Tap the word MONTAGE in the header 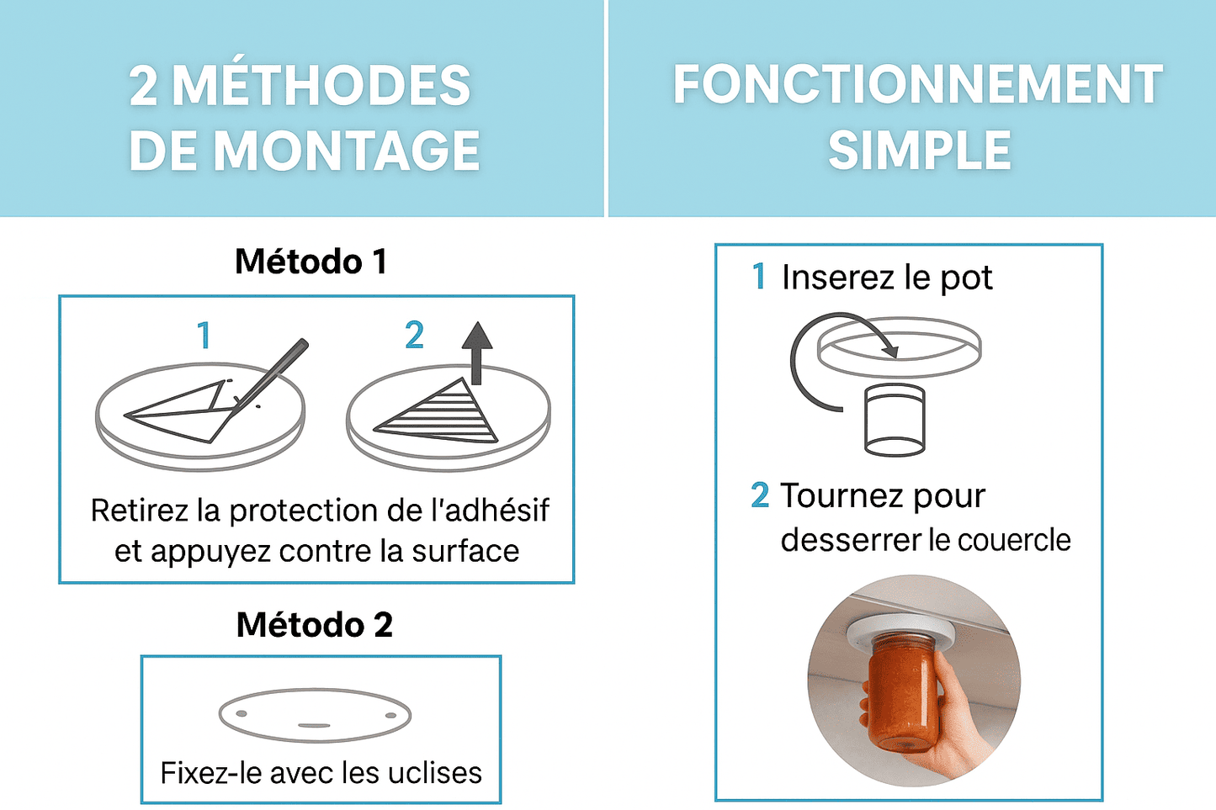click(347, 151)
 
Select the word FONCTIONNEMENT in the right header click(917, 84)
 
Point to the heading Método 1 click(311, 262)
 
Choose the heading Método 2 click(315, 625)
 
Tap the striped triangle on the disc click(436, 413)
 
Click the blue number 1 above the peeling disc click(204, 335)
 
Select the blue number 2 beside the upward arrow click(415, 335)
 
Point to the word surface click(465, 551)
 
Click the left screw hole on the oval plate click(242, 713)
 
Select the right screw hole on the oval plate click(390, 716)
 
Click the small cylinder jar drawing click(895, 420)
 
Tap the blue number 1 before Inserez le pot click(759, 276)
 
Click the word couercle click(1014, 540)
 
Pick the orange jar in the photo click(904, 696)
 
